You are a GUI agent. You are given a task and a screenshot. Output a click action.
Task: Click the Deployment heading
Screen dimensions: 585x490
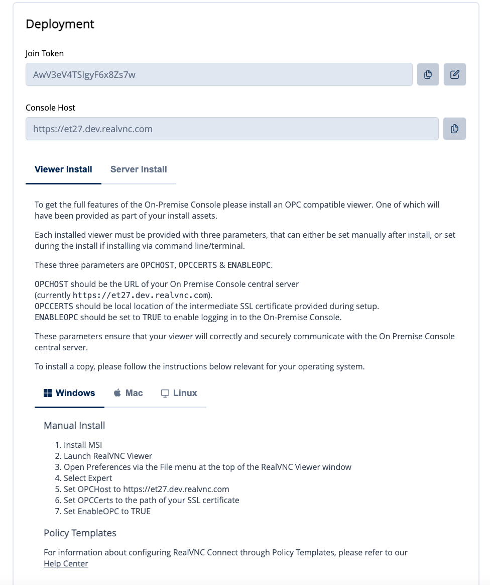coord(60,24)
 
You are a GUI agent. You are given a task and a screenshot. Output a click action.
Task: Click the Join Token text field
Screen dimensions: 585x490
coord(219,74)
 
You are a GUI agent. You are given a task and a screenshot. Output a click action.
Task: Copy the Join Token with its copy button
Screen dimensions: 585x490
coord(428,74)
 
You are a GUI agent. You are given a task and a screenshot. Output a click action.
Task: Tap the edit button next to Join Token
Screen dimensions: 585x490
coord(455,74)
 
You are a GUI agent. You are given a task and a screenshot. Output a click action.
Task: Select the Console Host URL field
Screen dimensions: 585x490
coord(232,129)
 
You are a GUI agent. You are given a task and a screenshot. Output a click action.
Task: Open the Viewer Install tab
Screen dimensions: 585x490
coord(63,169)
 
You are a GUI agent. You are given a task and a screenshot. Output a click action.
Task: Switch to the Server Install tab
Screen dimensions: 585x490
coord(139,169)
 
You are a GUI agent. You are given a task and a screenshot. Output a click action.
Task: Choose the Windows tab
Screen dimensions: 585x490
coord(70,393)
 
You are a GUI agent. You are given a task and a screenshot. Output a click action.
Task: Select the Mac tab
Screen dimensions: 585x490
coord(129,393)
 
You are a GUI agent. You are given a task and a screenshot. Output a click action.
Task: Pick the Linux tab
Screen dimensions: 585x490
coord(179,393)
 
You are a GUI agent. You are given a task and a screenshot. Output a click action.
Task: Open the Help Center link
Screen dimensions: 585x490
coord(66,563)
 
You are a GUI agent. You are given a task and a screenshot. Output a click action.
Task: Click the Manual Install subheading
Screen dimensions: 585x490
coord(74,425)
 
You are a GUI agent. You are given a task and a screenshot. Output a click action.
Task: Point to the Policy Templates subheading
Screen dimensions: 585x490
coord(80,533)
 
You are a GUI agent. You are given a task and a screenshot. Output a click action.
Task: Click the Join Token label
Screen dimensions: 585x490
coord(45,53)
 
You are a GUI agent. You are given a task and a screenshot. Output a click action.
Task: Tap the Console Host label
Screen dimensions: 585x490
coord(50,108)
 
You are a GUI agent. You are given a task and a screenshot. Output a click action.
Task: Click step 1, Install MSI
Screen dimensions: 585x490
coord(83,445)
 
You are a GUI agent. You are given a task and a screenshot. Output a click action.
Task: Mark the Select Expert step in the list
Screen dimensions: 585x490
coord(88,478)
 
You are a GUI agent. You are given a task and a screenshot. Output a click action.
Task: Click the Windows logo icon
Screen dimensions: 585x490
coord(48,393)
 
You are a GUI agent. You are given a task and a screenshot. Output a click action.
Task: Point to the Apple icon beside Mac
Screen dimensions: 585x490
coord(117,393)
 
